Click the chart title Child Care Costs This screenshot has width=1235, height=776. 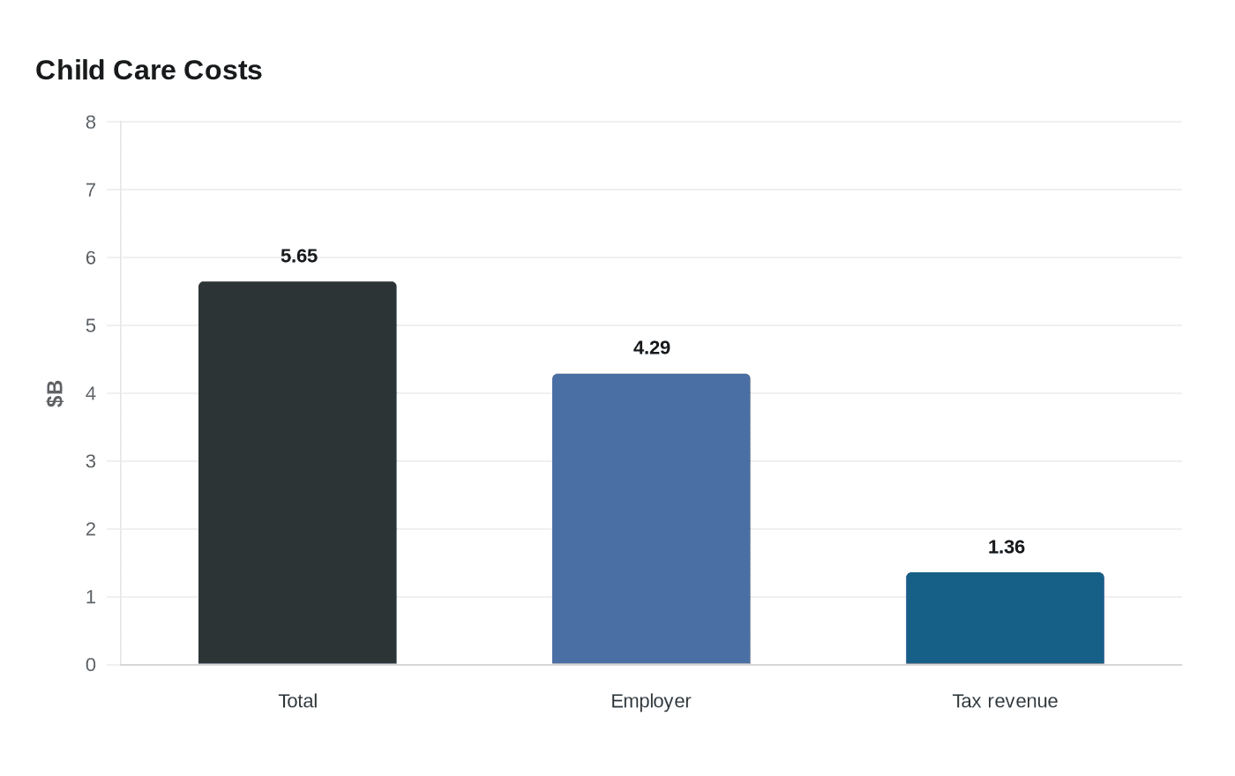(x=148, y=70)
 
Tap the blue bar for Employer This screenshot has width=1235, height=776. (x=651, y=519)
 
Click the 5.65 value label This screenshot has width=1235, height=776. (x=299, y=256)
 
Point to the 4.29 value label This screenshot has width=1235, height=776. (x=652, y=347)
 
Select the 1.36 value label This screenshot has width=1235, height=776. (x=1006, y=547)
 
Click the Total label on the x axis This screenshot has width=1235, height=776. (x=297, y=701)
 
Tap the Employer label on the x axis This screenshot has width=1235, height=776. (x=651, y=701)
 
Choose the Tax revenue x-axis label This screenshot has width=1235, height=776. (x=1005, y=701)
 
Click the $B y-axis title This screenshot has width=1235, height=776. (x=55, y=393)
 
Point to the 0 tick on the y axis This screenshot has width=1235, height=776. (x=91, y=665)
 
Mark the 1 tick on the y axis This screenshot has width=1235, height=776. (x=91, y=597)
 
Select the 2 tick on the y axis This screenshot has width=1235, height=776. (x=91, y=529)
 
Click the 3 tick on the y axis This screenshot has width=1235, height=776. (x=91, y=461)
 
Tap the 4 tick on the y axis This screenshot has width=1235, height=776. (x=91, y=393)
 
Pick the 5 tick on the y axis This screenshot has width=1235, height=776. (x=91, y=325)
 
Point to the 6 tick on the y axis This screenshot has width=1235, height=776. (x=91, y=257)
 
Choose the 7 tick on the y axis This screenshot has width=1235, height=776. (x=91, y=190)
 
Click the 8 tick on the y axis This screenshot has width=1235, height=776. (x=91, y=122)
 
